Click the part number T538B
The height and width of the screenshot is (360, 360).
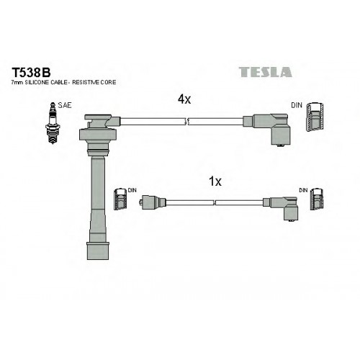click(31, 72)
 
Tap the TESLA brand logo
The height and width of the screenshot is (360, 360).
click(266, 72)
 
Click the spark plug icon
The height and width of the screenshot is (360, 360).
click(53, 123)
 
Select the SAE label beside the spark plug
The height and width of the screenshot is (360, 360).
click(65, 105)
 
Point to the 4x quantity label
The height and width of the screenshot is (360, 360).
click(184, 99)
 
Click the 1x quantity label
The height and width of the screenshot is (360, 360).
click(215, 181)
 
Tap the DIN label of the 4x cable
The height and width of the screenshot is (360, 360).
click(297, 105)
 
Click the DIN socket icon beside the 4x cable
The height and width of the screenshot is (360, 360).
click(315, 117)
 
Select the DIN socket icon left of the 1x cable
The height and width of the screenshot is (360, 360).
click(120, 199)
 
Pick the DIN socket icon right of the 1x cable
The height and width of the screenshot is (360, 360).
click(317, 199)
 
